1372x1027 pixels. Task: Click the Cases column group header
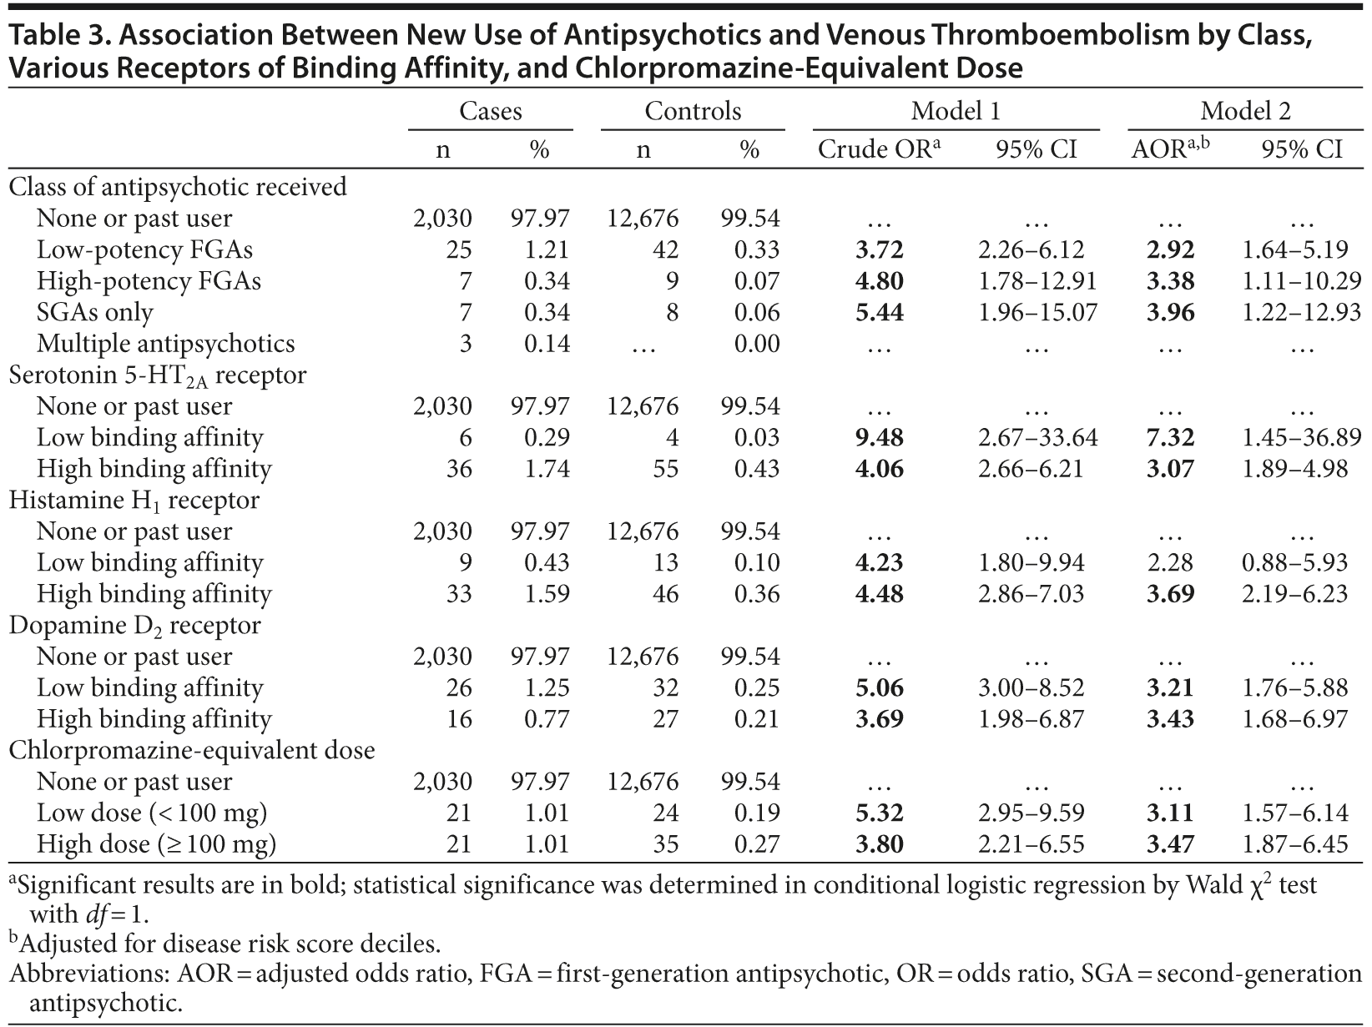click(491, 111)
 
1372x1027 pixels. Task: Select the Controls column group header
click(693, 111)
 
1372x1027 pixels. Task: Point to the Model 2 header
click(1245, 111)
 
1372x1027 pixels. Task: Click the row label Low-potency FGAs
click(144, 249)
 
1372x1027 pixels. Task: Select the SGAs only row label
click(95, 312)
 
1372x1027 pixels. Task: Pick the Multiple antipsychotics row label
click(165, 344)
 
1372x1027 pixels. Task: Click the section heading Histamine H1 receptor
click(134, 501)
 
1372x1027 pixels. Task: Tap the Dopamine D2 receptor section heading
click(134, 626)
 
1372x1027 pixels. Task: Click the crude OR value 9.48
click(879, 437)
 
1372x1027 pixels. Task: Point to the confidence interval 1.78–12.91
click(1037, 281)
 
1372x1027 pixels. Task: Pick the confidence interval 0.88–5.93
click(1294, 562)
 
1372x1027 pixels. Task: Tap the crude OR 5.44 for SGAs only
click(879, 312)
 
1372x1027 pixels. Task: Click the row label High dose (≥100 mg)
click(156, 844)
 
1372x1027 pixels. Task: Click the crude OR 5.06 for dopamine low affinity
click(879, 687)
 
